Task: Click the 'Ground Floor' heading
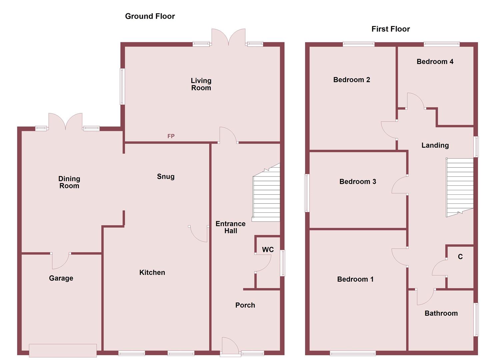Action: point(150,16)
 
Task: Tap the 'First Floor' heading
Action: point(390,29)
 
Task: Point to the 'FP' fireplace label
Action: point(171,136)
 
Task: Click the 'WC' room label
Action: point(268,250)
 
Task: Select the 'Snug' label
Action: point(166,177)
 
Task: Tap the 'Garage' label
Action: point(61,278)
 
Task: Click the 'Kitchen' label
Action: point(152,272)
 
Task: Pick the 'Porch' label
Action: point(245,305)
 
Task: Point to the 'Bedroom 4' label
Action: point(435,61)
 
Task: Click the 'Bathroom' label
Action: point(441,313)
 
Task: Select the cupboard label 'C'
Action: point(460,256)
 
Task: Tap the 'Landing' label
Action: point(435,145)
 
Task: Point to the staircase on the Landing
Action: point(460,187)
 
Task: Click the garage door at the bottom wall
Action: point(63,350)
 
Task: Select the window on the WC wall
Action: point(282,263)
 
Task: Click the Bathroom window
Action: point(476,319)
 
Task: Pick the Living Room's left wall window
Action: point(122,87)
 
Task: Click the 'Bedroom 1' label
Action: point(355,279)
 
